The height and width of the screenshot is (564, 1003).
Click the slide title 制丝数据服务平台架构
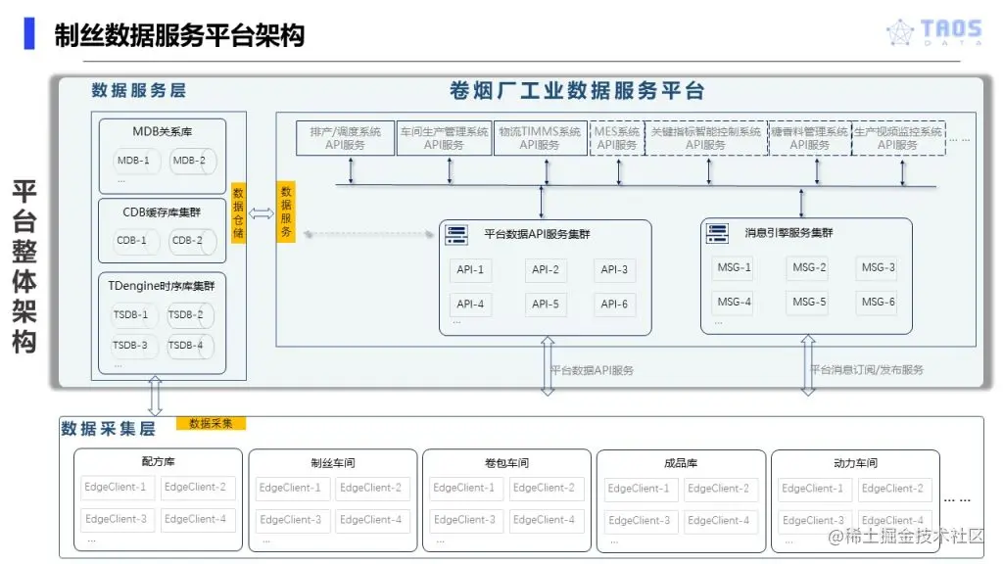[179, 35]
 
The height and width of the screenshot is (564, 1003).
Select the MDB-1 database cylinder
[135, 161]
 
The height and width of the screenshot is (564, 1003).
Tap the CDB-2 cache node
[188, 240]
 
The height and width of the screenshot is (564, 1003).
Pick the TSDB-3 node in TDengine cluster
[131, 345]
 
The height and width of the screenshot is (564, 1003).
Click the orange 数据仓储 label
[238, 212]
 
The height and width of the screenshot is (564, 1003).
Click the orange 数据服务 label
[286, 212]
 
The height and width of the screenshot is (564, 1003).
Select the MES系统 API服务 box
[617, 138]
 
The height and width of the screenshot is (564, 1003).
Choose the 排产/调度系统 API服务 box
[345, 138]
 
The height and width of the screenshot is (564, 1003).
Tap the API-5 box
[546, 305]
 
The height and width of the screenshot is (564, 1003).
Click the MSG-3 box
[876, 268]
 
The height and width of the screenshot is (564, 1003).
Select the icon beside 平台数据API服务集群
[455, 234]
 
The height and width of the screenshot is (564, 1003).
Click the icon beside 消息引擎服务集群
[717, 233]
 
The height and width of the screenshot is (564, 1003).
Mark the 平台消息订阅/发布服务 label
[866, 370]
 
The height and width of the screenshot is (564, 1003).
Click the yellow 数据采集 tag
[211, 423]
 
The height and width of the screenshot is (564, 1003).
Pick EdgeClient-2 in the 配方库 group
[196, 487]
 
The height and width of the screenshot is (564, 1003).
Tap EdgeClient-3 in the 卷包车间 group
[464, 520]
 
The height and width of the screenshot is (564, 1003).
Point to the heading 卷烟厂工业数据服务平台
[577, 91]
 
